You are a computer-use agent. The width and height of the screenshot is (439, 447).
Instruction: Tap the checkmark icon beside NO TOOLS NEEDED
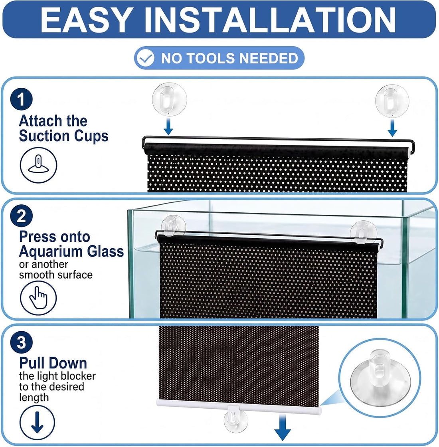pyautogui.click(x=145, y=58)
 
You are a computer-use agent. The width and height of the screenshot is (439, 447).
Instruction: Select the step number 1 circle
pyautogui.click(x=22, y=99)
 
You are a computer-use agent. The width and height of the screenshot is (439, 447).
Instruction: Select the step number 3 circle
pyautogui.click(x=22, y=342)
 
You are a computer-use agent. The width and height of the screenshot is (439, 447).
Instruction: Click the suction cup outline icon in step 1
pyautogui.click(x=38, y=165)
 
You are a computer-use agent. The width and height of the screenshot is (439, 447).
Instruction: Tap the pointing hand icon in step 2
pyautogui.click(x=38, y=298)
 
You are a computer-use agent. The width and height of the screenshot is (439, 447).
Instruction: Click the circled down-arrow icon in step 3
pyautogui.click(x=38, y=423)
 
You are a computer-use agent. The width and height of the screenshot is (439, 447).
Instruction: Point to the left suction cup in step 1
pyautogui.click(x=169, y=99)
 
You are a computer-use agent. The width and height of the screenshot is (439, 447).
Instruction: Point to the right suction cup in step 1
pyautogui.click(x=392, y=101)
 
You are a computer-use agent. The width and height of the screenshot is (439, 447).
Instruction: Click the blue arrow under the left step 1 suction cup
pyautogui.click(x=168, y=127)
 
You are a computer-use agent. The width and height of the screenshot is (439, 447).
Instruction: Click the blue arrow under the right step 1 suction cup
pyautogui.click(x=393, y=128)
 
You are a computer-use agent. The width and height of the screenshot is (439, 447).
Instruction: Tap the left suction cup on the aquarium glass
pyautogui.click(x=173, y=226)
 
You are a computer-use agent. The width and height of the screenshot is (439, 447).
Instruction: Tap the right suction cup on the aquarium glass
pyautogui.click(x=362, y=232)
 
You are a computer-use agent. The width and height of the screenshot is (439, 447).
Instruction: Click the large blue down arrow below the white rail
pyautogui.click(x=283, y=427)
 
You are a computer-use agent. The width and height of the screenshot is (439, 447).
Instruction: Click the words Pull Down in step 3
pyautogui.click(x=53, y=363)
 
